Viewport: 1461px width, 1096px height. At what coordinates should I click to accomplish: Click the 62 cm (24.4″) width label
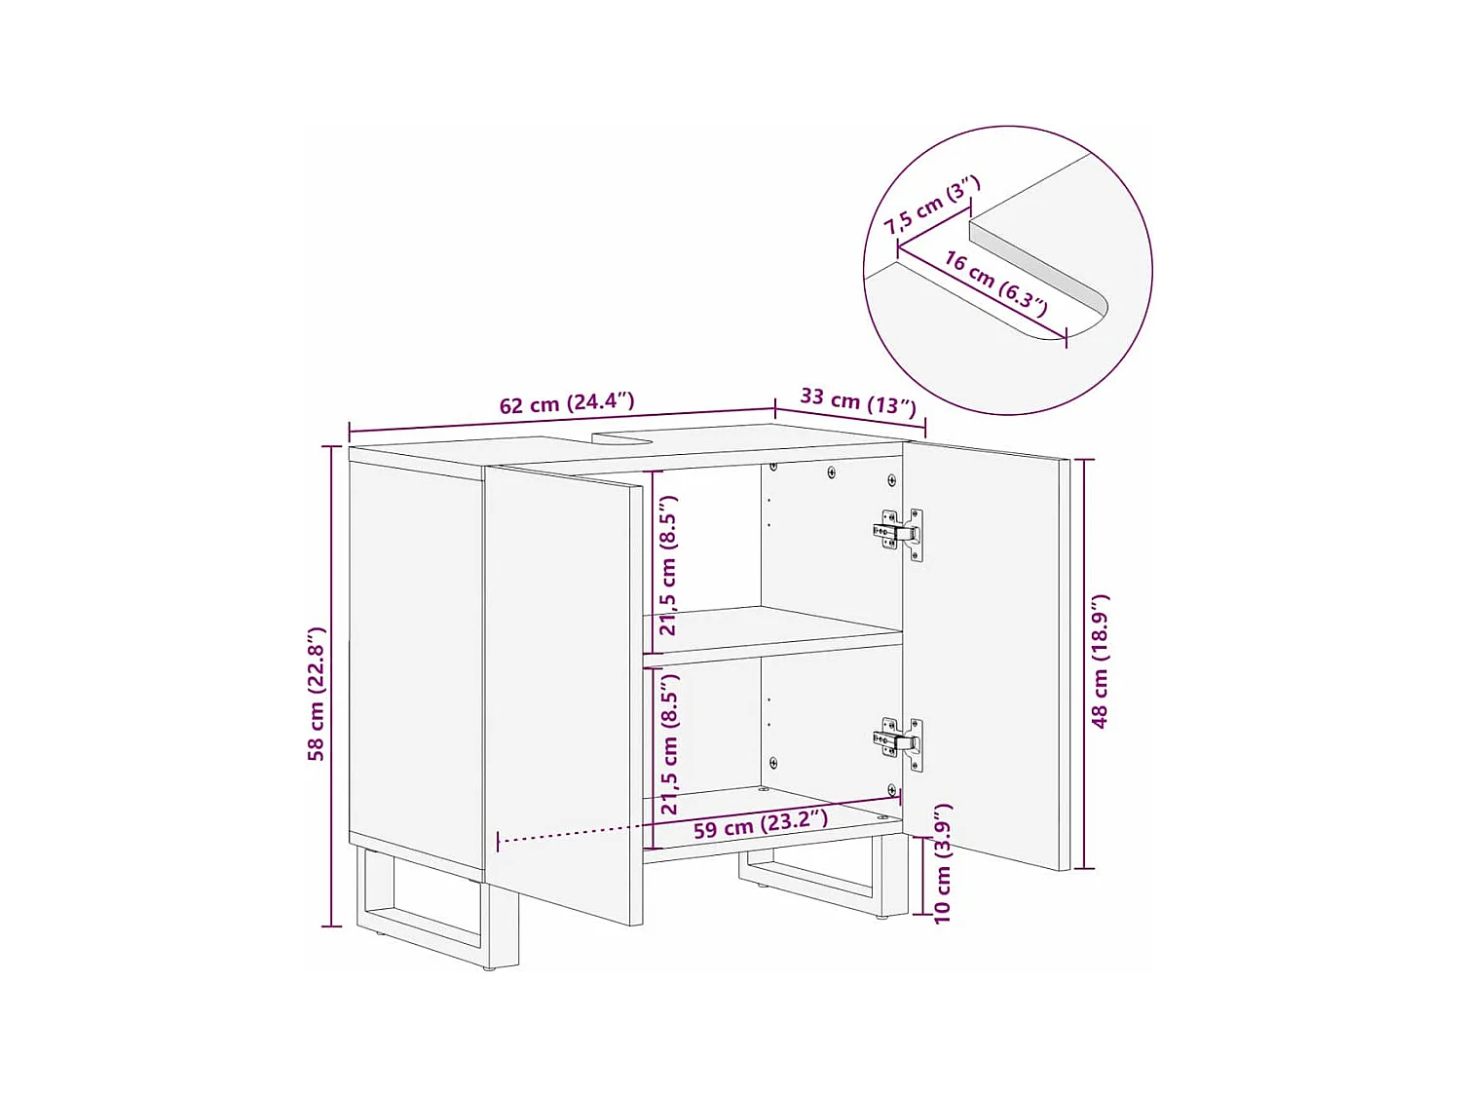click(567, 403)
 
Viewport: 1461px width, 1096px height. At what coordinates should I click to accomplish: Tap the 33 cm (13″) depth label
click(858, 400)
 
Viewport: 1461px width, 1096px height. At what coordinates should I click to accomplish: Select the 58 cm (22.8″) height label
click(316, 693)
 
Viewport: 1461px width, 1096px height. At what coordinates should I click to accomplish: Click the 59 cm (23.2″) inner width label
click(760, 825)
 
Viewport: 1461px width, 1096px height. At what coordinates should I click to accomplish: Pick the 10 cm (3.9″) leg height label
click(942, 864)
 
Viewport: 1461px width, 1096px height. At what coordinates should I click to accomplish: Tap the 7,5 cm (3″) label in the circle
click(931, 205)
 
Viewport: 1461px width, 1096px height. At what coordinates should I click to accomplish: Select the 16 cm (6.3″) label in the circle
click(995, 283)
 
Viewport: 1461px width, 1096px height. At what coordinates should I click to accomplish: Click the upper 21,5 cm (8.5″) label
click(668, 565)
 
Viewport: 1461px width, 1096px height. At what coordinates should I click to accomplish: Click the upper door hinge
click(899, 533)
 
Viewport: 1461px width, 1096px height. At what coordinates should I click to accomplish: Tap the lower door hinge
click(899, 742)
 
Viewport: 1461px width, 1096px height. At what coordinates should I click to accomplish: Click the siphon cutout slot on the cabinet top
click(623, 436)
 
